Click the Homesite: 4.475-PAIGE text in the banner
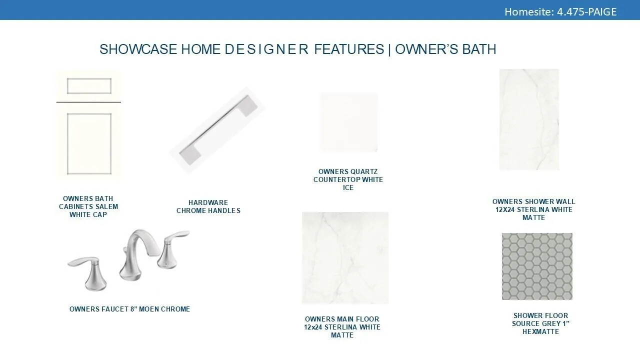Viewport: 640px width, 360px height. (560, 11)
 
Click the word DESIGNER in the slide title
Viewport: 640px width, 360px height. (266, 49)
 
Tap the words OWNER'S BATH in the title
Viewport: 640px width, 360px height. (445, 49)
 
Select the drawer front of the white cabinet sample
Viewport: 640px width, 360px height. (89, 86)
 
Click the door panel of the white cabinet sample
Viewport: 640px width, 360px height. (89, 143)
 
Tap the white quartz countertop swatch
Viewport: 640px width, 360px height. (348, 122)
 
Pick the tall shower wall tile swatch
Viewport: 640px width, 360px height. (529, 119)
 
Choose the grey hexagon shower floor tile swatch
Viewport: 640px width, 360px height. (537, 266)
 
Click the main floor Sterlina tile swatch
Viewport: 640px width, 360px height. (345, 257)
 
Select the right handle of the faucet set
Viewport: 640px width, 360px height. (171, 248)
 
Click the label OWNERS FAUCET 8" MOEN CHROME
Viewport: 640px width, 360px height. (129, 309)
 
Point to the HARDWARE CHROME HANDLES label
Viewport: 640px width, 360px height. (208, 206)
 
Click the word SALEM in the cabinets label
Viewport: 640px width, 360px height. (107, 206)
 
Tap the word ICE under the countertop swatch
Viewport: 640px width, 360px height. (348, 187)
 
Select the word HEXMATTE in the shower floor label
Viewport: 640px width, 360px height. (540, 331)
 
